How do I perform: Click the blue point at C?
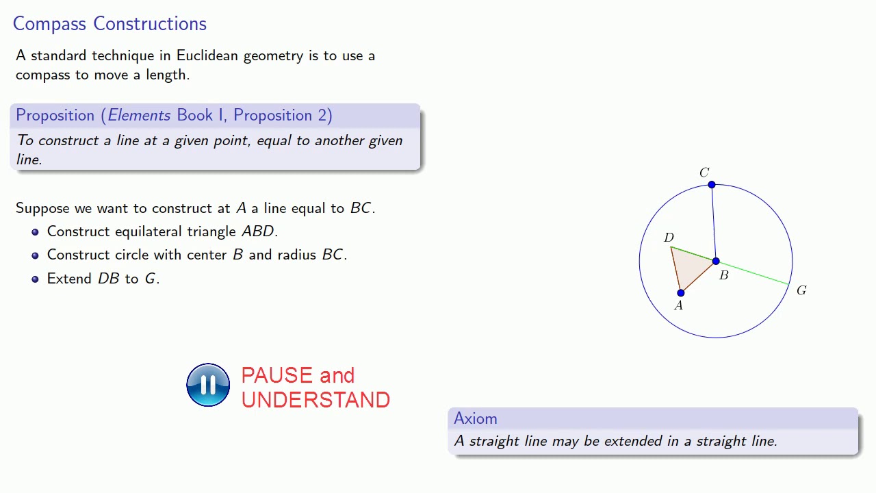click(x=712, y=185)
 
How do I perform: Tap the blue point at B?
click(x=716, y=262)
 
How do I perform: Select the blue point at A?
click(x=681, y=293)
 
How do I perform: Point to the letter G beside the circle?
click(x=801, y=290)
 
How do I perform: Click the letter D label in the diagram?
click(x=669, y=238)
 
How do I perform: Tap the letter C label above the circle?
click(x=704, y=173)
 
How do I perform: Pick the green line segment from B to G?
click(x=753, y=273)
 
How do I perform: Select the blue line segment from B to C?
click(x=714, y=223)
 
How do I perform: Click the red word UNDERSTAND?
click(x=315, y=400)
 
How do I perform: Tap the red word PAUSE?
click(x=276, y=375)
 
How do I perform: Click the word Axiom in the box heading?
click(x=475, y=418)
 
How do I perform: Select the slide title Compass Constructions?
click(x=109, y=23)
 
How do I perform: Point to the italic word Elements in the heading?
click(x=139, y=115)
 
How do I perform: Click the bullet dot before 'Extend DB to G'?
click(x=35, y=279)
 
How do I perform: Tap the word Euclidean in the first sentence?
click(x=208, y=55)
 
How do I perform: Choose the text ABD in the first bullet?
click(x=258, y=231)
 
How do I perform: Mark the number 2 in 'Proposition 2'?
click(x=322, y=115)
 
